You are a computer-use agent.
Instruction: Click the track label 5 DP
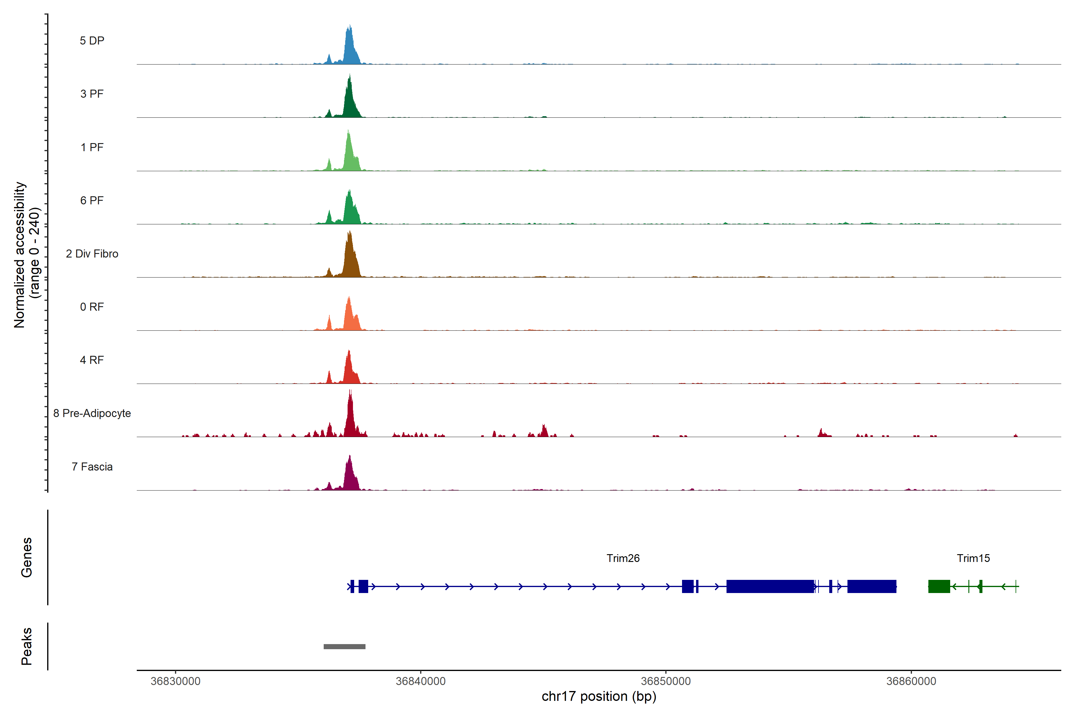[x=92, y=41]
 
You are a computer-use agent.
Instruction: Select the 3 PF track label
[x=92, y=94]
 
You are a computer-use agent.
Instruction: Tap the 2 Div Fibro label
[x=92, y=254]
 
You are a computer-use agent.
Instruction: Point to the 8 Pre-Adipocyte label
[x=92, y=413]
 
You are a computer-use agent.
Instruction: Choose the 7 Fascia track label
[x=92, y=467]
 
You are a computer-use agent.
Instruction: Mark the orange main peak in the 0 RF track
[x=349, y=315]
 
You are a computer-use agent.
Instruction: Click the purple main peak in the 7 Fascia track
[x=350, y=476]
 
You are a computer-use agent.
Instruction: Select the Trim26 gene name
[x=623, y=558]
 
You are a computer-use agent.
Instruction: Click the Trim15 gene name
[x=973, y=558]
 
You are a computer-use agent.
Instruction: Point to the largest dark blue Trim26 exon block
[x=770, y=586]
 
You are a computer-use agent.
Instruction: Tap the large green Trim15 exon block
[x=939, y=586]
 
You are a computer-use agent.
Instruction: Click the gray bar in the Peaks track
[x=344, y=646]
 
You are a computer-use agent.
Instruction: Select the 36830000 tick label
[x=176, y=681]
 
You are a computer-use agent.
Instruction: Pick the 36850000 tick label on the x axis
[x=666, y=681]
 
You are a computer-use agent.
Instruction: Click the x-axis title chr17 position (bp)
[x=599, y=696]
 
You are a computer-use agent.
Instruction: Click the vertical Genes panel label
[x=27, y=557]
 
